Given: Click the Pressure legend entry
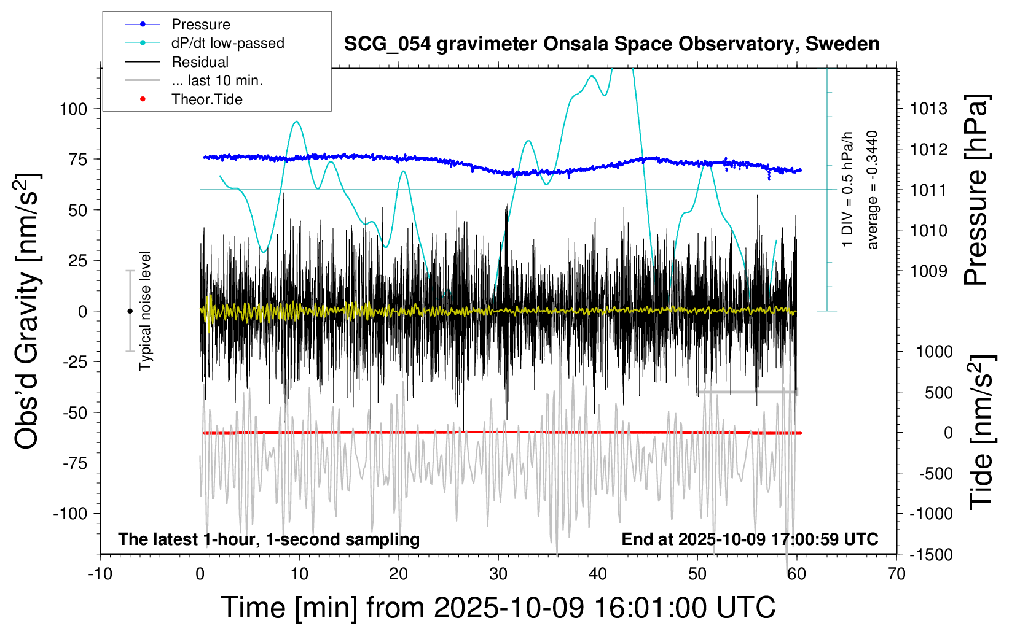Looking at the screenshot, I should (200, 25).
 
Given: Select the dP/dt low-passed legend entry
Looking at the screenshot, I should (227, 43).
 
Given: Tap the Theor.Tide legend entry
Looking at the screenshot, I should (206, 99).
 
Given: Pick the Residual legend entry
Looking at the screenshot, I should (200, 62).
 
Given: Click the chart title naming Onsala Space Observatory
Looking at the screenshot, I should (611, 44).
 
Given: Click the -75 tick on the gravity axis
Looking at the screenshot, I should (75, 463).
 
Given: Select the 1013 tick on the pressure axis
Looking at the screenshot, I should (928, 109).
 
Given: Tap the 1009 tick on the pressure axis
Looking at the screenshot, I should (928, 271).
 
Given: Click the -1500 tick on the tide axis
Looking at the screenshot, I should (930, 555).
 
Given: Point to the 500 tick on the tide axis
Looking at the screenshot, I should (939, 393).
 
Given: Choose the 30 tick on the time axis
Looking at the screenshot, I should (498, 574).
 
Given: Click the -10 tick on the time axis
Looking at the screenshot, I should (100, 574).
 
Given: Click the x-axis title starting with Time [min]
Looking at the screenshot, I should (498, 608).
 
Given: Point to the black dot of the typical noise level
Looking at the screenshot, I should (130, 311).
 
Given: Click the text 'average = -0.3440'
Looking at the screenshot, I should (872, 190).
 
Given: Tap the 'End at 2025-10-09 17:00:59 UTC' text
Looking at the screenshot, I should (750, 539).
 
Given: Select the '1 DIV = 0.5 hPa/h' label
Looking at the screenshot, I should (848, 190).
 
